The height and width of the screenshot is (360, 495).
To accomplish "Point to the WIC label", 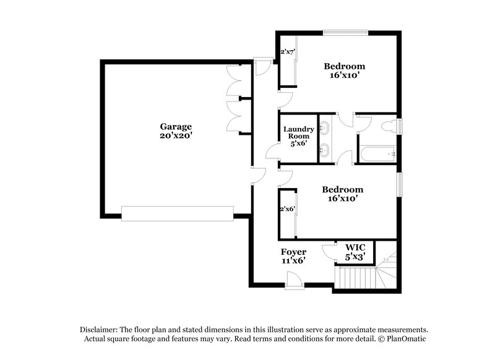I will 355,247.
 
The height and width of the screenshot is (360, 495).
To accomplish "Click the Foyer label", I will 293,252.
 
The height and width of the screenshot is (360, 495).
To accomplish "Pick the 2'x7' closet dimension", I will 287,53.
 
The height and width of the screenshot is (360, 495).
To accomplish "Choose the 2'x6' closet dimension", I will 287,209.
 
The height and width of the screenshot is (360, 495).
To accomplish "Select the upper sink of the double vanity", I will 324,129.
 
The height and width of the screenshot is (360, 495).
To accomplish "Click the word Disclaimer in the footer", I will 100,330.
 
